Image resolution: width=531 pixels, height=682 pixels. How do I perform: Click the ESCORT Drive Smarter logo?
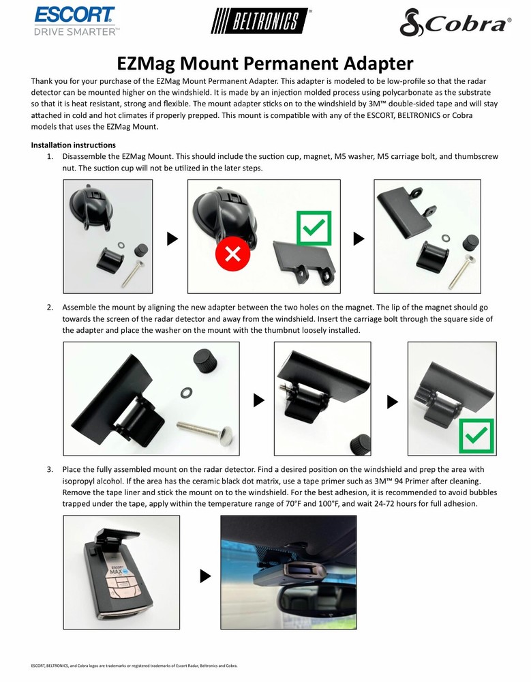[x=75, y=20]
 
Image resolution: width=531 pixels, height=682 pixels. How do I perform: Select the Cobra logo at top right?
[x=455, y=25]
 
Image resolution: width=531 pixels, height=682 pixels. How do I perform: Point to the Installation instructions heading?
[x=74, y=145]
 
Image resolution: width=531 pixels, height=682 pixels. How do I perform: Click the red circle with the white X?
[x=232, y=255]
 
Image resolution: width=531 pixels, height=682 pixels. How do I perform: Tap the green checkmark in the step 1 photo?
[x=313, y=228]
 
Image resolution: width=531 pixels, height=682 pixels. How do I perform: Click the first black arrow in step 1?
[x=172, y=238]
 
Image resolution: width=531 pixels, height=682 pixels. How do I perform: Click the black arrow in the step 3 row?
[x=205, y=576]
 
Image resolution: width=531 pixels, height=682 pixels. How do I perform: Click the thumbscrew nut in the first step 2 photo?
[x=204, y=359]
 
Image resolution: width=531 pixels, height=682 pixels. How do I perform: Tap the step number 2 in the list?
[x=50, y=308]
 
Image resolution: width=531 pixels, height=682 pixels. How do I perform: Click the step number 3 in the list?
[x=50, y=470]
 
